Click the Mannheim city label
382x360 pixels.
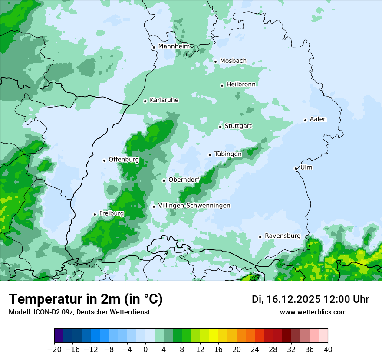174,46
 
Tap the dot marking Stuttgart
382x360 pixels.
220,127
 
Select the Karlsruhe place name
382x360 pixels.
164,100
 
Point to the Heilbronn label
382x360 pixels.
241,84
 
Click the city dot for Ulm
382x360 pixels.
296,168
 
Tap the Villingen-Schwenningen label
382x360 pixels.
194,206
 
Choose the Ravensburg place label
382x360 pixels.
283,236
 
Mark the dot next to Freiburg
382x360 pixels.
95,214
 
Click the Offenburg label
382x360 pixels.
124,160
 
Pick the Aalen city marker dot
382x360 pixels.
305,120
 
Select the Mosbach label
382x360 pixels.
233,61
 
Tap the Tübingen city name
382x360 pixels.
228,154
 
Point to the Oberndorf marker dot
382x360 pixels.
164,180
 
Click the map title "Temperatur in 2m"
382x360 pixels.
86,299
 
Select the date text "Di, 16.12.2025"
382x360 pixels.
286,299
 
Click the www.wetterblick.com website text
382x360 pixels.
313,312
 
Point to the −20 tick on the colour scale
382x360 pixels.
54,349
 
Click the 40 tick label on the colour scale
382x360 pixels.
328,349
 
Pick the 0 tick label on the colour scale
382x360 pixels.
145,349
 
